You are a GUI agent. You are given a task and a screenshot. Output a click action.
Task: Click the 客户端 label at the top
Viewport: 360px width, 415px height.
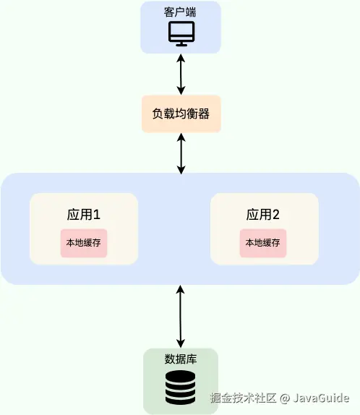[x=180, y=12]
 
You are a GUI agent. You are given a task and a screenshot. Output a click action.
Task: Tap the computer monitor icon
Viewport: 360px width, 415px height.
[x=180, y=34]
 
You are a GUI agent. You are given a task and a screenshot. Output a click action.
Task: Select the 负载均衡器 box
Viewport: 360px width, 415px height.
[x=180, y=114]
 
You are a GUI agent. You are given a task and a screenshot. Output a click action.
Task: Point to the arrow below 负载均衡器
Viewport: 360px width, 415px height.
[x=180, y=153]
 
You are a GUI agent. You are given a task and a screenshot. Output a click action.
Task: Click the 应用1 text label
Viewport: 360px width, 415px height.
[x=83, y=215]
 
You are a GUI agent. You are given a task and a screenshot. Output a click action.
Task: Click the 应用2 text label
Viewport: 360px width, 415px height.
[x=263, y=215]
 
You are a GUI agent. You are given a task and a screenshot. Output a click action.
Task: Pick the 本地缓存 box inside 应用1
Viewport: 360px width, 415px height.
[x=84, y=243]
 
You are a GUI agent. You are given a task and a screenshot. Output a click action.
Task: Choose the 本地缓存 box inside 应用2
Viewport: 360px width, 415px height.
[x=263, y=243]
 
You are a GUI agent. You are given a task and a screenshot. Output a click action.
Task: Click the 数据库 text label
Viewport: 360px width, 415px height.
[x=180, y=359]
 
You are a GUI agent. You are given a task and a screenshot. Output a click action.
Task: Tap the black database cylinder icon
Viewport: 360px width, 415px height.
[x=180, y=388]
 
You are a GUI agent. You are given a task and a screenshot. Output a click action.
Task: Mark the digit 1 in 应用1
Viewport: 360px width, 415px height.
[x=95, y=215]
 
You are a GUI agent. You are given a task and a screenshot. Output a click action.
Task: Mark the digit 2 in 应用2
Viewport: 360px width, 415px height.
[x=275, y=215]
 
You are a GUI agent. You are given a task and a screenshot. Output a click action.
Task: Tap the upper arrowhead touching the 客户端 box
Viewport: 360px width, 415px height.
[x=180, y=57]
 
